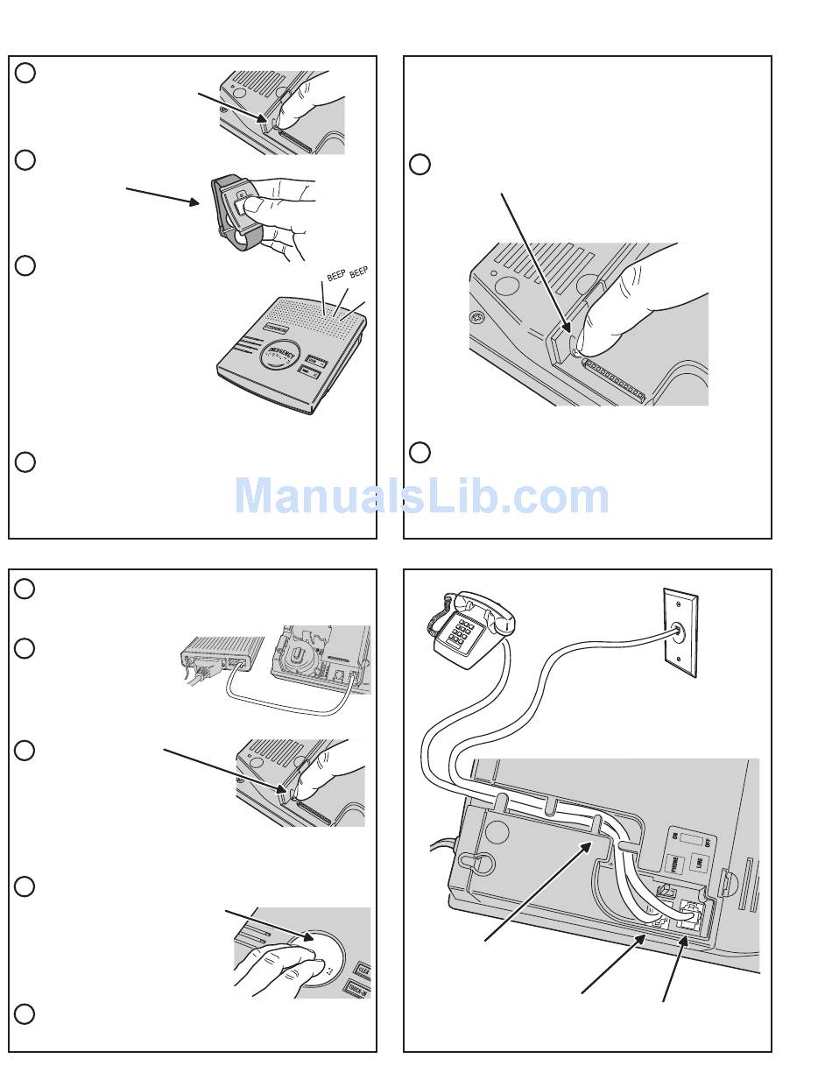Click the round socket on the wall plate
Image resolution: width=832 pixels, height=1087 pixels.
(x=680, y=629)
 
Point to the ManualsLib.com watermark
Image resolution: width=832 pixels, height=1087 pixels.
(x=421, y=497)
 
